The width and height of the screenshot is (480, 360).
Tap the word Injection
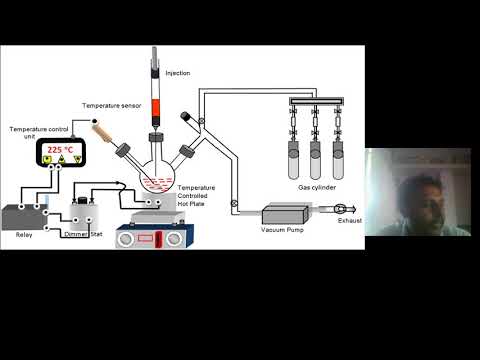pyautogui.click(x=177, y=73)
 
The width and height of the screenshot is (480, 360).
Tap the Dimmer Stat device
pyautogui.click(x=82, y=213)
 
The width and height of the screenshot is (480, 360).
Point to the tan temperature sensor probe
pyautogui.click(x=100, y=131)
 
